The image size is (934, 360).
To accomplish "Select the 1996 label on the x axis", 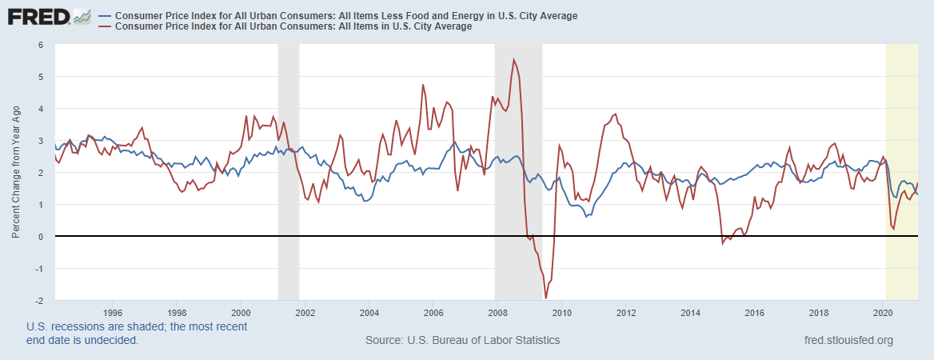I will (113, 312).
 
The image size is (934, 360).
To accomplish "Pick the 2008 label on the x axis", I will (497, 312).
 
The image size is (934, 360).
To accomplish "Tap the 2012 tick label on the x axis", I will (626, 312).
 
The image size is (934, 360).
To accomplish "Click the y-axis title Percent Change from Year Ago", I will (15, 172).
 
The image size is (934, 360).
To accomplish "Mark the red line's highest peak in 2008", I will (514, 60).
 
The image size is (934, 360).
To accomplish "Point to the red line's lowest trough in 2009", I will (546, 298).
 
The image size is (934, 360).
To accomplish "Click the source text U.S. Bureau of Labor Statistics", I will (462, 341).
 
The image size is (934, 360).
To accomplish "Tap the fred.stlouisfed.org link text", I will (848, 341).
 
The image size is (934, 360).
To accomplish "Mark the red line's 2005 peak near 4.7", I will (423, 85).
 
